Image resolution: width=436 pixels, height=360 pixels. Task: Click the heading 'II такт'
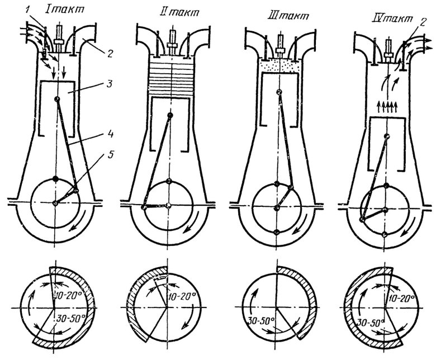[x=177, y=12]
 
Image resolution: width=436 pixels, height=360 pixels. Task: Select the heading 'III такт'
[x=287, y=16]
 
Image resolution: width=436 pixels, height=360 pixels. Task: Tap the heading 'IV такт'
[x=392, y=19]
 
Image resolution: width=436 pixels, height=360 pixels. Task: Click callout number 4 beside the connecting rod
[x=110, y=135]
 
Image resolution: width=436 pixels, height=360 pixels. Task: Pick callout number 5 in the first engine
[x=110, y=154]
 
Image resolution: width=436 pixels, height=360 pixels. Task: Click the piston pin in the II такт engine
[x=170, y=115]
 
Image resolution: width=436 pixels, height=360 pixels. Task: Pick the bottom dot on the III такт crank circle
[x=276, y=232]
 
